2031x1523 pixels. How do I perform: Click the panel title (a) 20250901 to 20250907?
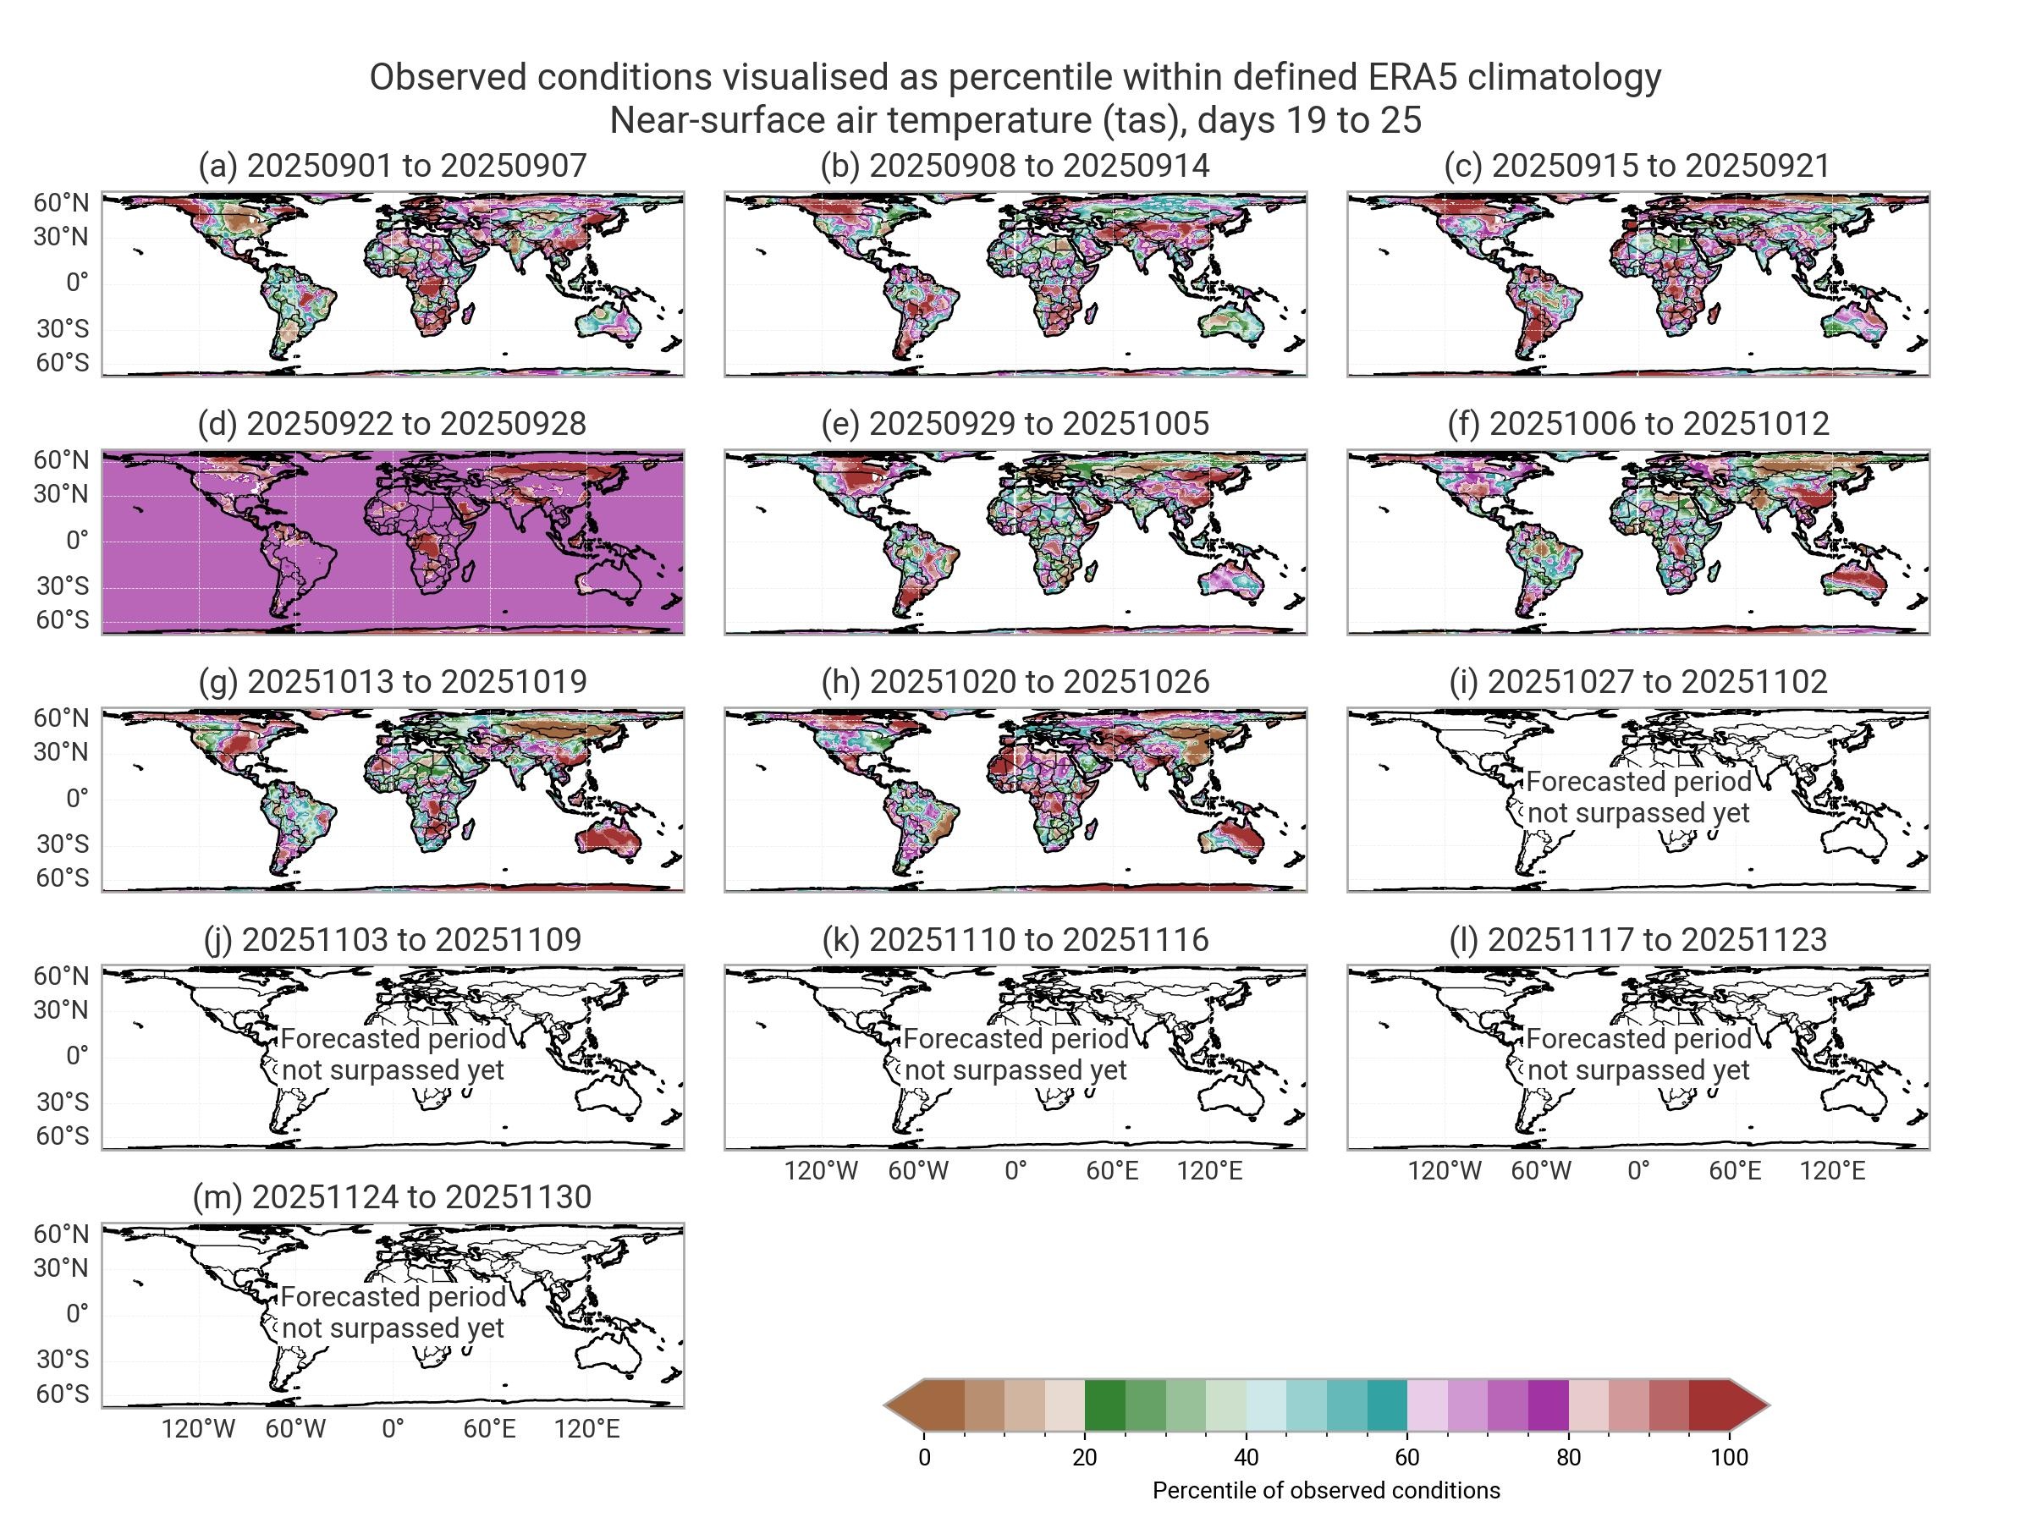click(392, 165)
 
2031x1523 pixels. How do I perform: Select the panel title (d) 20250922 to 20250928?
click(392, 423)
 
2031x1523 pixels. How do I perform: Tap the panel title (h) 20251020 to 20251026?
click(1015, 681)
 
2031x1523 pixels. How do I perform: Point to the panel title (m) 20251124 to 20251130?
click(392, 1196)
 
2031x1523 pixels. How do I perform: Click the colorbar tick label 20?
click(1084, 1457)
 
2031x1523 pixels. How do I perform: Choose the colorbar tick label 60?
click(1406, 1457)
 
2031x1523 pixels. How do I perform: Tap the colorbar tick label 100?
click(1729, 1457)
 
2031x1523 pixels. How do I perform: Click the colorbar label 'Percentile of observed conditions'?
click(1326, 1490)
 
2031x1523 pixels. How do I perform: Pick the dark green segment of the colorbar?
click(1104, 1405)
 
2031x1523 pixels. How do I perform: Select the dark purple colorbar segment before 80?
click(1548, 1405)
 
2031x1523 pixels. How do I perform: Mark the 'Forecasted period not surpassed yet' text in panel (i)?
click(1638, 797)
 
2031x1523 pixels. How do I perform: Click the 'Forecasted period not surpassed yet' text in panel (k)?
click(1015, 1054)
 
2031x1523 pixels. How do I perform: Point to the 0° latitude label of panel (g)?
click(77, 798)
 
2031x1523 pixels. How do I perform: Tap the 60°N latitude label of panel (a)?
click(62, 203)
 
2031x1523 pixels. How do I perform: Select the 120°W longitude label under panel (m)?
click(198, 1428)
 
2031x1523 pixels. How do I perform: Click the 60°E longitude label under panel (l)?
click(1735, 1170)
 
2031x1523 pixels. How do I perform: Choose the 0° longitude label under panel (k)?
click(1015, 1170)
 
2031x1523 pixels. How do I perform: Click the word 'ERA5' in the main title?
click(1412, 77)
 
